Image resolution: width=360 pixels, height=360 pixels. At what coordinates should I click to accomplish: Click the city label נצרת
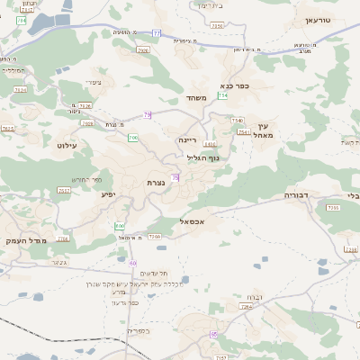155,183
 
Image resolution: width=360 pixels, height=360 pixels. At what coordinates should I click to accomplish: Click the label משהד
197,97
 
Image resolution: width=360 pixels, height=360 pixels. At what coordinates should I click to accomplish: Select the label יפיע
107,193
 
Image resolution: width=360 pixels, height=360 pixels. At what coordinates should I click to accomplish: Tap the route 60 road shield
132,263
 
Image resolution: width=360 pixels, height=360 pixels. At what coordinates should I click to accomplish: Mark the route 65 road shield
213,334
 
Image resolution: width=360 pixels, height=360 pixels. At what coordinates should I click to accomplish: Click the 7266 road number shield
154,237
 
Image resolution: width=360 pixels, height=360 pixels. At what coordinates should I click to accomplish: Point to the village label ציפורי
92,82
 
